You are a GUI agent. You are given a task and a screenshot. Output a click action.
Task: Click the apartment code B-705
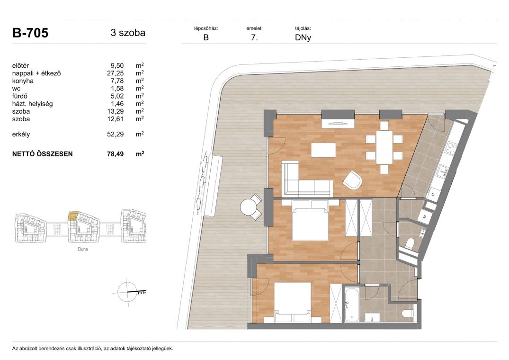30,33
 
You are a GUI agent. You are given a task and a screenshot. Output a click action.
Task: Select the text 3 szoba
128,33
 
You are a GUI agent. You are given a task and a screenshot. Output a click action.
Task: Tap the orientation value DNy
303,37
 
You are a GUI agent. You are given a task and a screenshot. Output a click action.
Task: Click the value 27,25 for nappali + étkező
115,73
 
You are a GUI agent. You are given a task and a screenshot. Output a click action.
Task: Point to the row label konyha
23,81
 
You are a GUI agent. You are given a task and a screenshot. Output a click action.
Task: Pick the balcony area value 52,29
115,135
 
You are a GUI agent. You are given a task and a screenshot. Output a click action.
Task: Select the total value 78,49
115,154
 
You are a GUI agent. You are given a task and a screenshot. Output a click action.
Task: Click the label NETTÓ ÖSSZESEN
43,154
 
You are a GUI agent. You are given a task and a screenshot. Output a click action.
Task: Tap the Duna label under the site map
83,249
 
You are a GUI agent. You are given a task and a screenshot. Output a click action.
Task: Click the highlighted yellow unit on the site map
73,216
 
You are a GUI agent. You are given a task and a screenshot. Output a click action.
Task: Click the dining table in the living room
384,147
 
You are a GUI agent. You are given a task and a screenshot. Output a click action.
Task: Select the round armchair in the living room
352,180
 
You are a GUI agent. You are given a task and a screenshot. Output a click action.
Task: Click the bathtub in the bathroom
351,305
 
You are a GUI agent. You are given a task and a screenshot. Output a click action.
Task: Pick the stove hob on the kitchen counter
451,148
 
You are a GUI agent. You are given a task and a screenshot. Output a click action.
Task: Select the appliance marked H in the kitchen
433,194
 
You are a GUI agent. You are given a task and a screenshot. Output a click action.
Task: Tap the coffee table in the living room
323,150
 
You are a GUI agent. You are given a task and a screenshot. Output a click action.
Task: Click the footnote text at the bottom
92,349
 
